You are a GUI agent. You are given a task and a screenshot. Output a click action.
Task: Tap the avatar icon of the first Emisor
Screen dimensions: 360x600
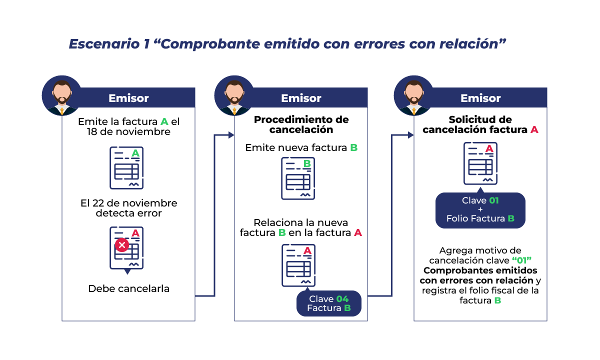(62, 95)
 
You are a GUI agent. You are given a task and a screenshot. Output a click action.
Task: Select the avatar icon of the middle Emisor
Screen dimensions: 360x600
(234, 95)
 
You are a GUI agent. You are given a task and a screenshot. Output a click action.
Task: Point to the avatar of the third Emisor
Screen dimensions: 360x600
(414, 95)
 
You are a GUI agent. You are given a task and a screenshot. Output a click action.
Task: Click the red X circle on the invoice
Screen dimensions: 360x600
(121, 245)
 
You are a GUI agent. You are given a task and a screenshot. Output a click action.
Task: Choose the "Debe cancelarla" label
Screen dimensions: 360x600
(128, 288)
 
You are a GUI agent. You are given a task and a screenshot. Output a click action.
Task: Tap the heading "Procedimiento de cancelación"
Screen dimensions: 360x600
(301, 124)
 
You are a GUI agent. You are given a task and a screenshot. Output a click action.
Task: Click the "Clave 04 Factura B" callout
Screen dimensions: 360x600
(328, 303)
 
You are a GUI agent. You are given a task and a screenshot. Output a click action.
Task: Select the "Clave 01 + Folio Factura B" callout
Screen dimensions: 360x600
(480, 210)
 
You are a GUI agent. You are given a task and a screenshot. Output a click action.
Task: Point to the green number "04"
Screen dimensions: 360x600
(342, 299)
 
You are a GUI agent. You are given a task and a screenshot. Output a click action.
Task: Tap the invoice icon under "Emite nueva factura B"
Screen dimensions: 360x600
(298, 178)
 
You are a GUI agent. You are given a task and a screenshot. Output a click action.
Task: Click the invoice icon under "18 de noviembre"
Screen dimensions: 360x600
(126, 167)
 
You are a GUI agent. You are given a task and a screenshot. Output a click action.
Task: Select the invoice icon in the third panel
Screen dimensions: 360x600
(480, 163)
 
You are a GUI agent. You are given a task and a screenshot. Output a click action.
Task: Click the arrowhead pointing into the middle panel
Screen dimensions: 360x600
(231, 135)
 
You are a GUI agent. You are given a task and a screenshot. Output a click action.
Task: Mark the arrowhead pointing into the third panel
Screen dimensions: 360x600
(411, 135)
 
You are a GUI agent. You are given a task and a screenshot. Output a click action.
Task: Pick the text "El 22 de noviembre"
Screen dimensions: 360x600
(128, 203)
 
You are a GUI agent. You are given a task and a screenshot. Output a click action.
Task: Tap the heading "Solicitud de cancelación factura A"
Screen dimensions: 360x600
(480, 124)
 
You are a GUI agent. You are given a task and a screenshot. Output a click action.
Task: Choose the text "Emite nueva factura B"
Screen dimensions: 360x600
(301, 148)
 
